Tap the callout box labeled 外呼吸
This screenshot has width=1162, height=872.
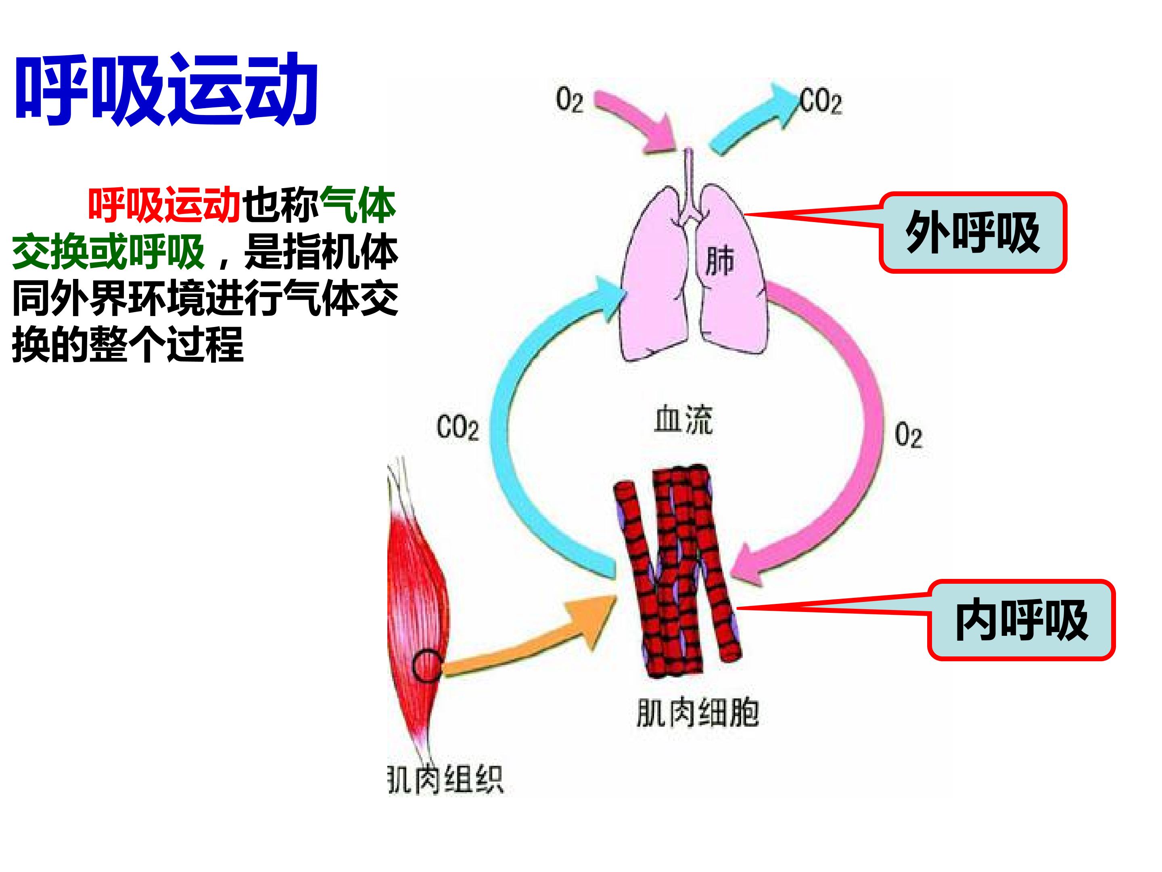973,232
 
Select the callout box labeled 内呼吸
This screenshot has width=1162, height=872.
1021,620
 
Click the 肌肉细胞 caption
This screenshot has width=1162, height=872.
698,713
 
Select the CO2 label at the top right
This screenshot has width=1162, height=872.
821,101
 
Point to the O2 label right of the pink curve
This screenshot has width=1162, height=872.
908,436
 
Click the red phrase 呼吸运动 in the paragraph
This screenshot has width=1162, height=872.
165,205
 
